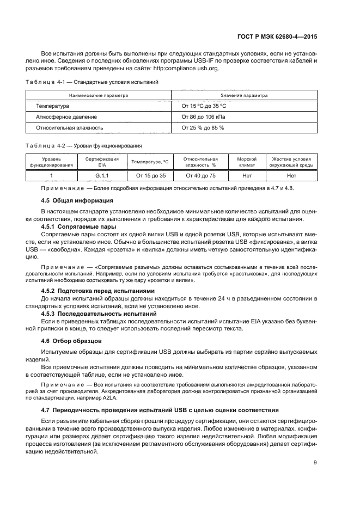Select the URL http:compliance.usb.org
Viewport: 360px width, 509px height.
188,69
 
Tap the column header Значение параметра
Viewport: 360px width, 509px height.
243,95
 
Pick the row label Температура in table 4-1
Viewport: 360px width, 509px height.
53,106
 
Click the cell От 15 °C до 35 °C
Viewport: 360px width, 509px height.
203,106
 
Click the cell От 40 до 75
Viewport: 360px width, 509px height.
200,176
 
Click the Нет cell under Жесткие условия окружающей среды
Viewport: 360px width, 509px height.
291,176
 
